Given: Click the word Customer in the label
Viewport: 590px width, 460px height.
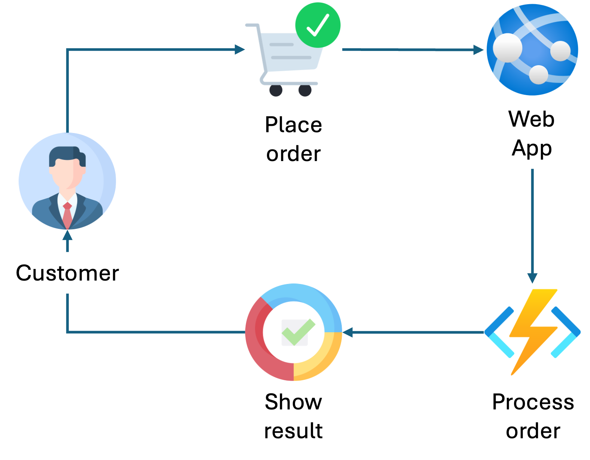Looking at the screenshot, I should [67, 273].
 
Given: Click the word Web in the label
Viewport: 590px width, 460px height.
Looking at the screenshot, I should [531, 119].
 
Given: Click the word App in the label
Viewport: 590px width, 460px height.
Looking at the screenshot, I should [532, 148].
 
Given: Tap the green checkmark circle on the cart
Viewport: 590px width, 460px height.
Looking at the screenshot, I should [317, 25].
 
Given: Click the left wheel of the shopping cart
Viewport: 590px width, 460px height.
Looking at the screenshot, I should [276, 91].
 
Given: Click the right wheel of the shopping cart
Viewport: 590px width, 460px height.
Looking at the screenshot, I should [305, 91].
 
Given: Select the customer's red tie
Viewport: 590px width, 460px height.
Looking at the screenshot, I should [67, 215].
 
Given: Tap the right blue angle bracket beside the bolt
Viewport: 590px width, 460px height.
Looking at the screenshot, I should [566, 332].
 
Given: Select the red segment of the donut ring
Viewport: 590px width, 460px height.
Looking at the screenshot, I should [258, 337].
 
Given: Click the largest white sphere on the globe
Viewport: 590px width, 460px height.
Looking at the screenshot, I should [507, 48].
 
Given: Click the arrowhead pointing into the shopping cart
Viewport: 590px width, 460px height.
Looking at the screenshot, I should [240, 49].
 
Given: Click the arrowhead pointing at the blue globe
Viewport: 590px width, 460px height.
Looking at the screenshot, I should [478, 50].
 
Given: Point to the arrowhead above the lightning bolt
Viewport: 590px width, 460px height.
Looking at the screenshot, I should [532, 278].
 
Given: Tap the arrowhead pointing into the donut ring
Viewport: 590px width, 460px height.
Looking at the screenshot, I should [347, 332].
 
